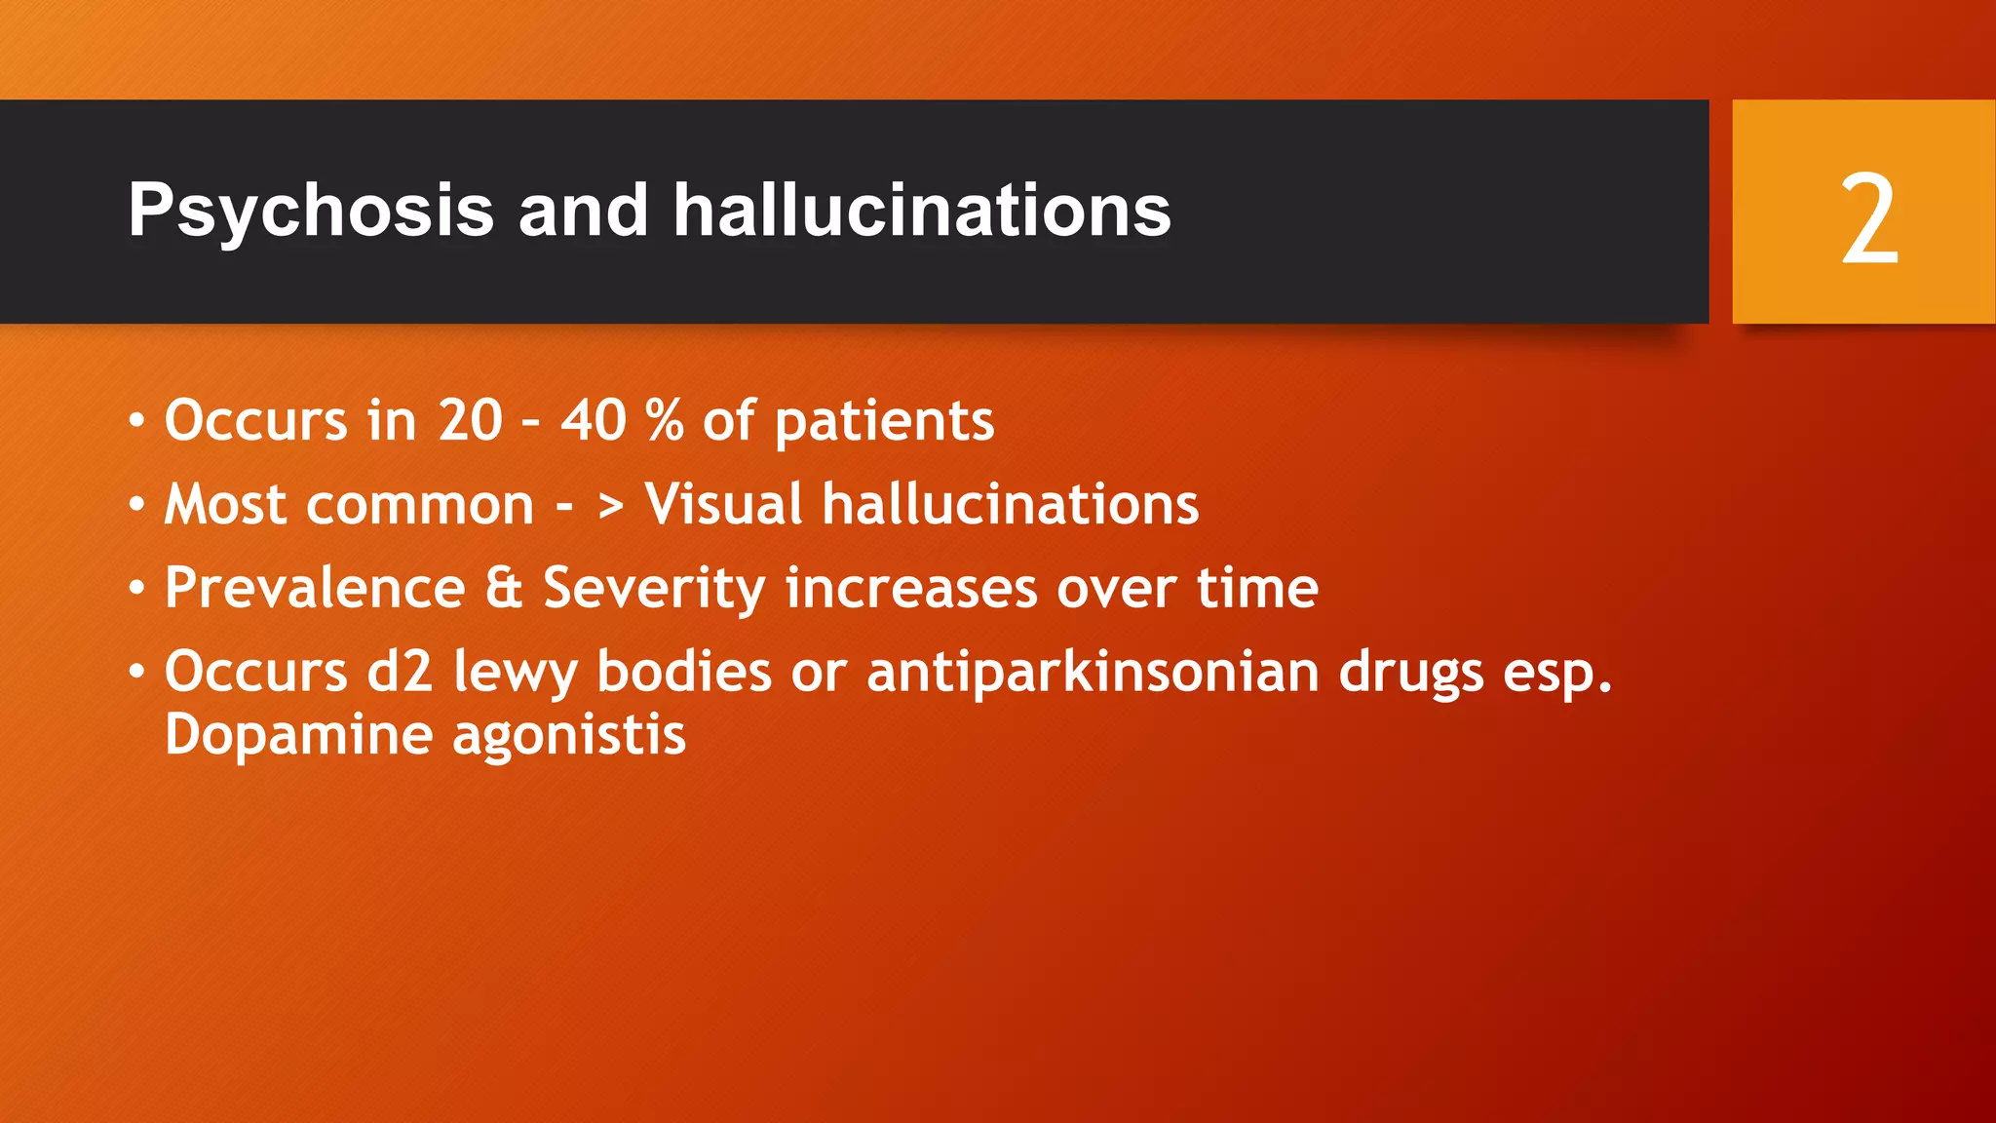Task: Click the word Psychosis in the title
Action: coord(311,212)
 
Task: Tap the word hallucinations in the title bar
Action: coord(921,210)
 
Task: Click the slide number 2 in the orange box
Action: coord(1868,219)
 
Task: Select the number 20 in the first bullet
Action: coord(470,421)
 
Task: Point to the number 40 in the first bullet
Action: coord(594,421)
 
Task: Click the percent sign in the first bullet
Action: coord(664,421)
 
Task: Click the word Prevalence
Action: coord(315,589)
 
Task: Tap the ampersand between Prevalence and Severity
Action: coord(504,589)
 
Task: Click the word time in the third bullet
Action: coord(1257,589)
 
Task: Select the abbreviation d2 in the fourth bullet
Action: coord(400,673)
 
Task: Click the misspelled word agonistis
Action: coord(569,737)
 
